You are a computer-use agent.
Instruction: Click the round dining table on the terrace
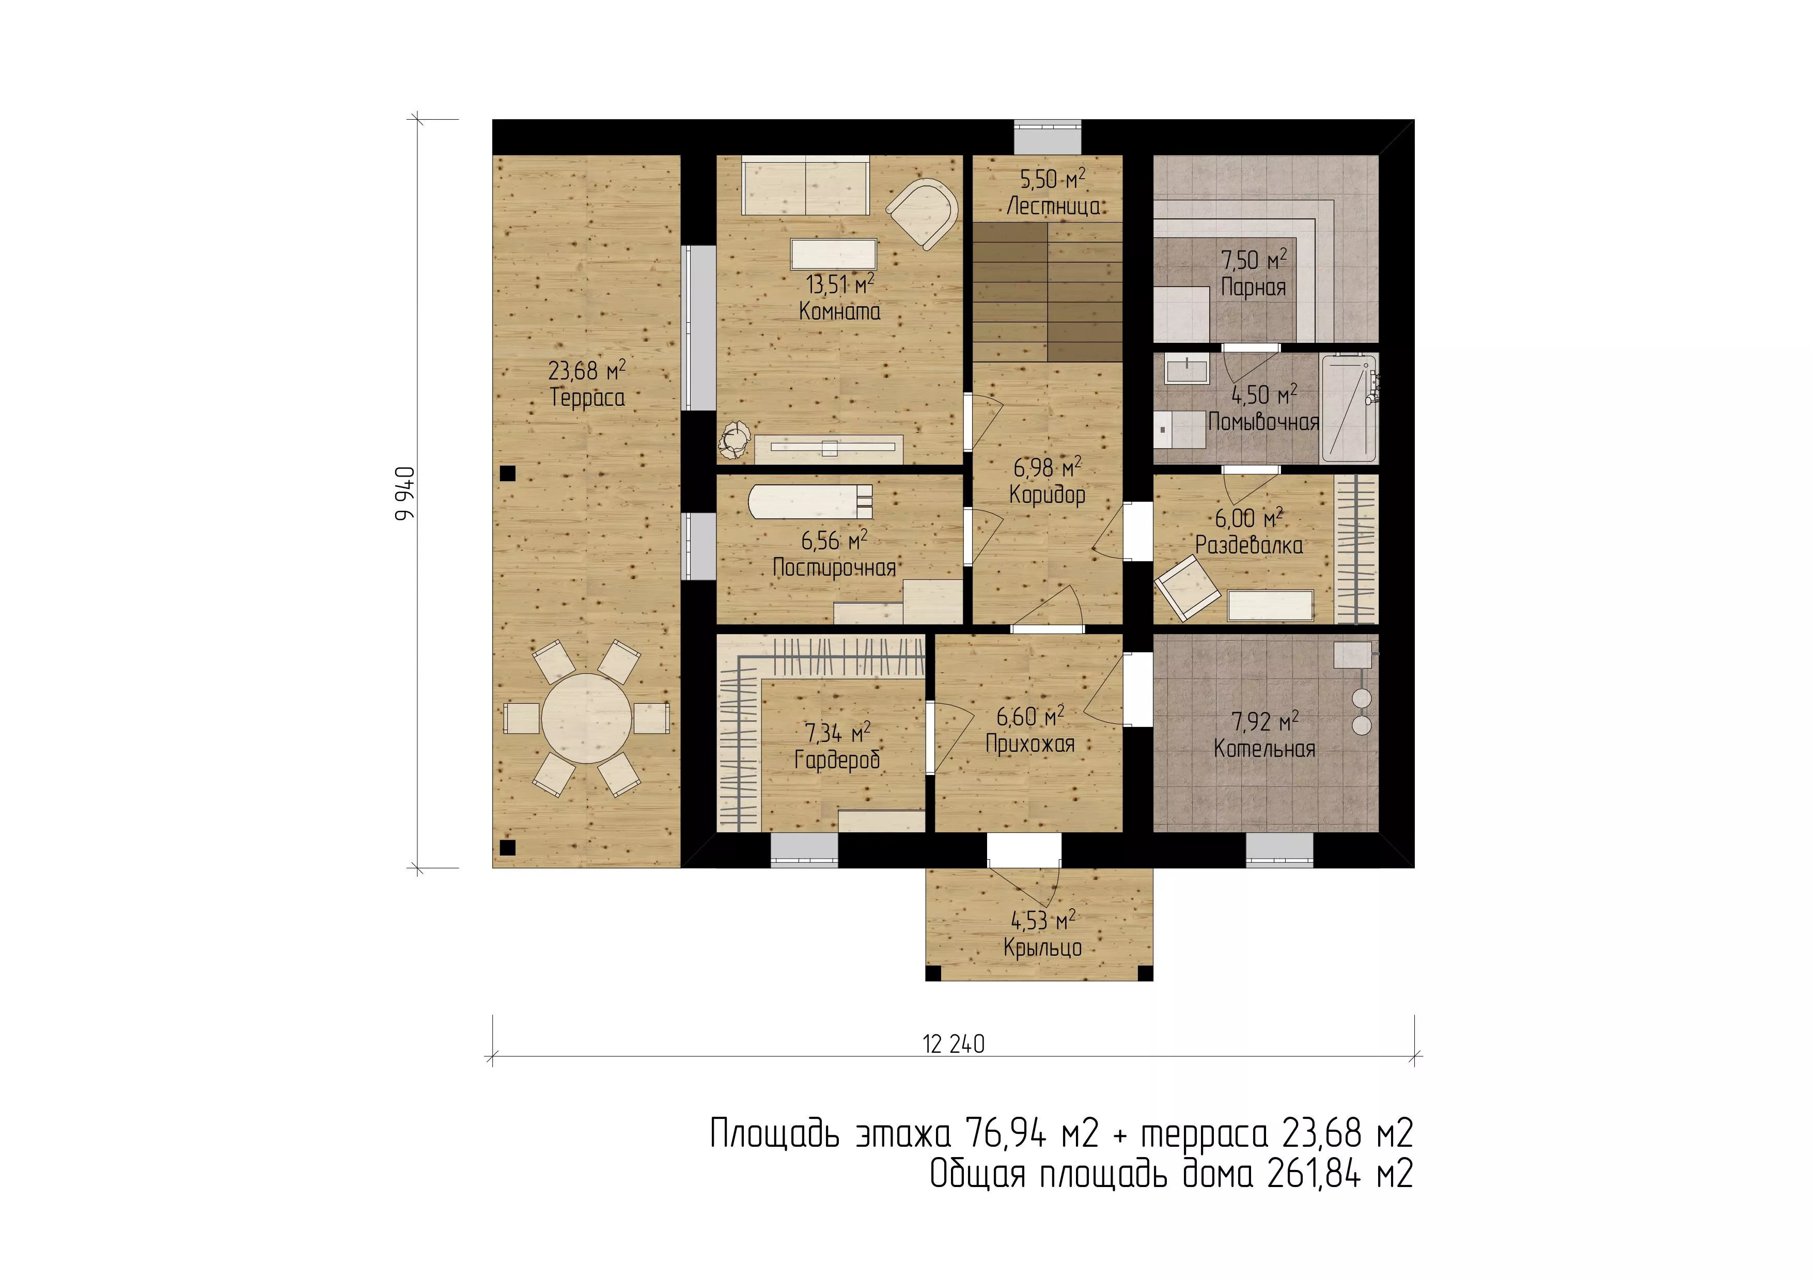[x=586, y=718]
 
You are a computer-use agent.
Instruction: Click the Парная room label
[x=1253, y=287]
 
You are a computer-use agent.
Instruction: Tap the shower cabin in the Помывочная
[x=1349, y=408]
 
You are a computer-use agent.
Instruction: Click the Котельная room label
[x=1264, y=749]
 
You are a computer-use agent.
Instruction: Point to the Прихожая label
[x=1030, y=744]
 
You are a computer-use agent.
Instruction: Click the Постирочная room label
[x=834, y=568]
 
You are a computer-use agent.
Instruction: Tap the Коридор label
[x=1047, y=495]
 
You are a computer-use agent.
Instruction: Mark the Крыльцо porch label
[x=1042, y=947]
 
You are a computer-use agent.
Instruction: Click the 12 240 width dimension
[x=954, y=1045]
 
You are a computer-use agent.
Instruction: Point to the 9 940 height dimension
[x=405, y=494]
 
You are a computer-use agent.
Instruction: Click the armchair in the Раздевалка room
[x=1187, y=587]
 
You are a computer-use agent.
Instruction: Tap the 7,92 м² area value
[x=1265, y=721]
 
